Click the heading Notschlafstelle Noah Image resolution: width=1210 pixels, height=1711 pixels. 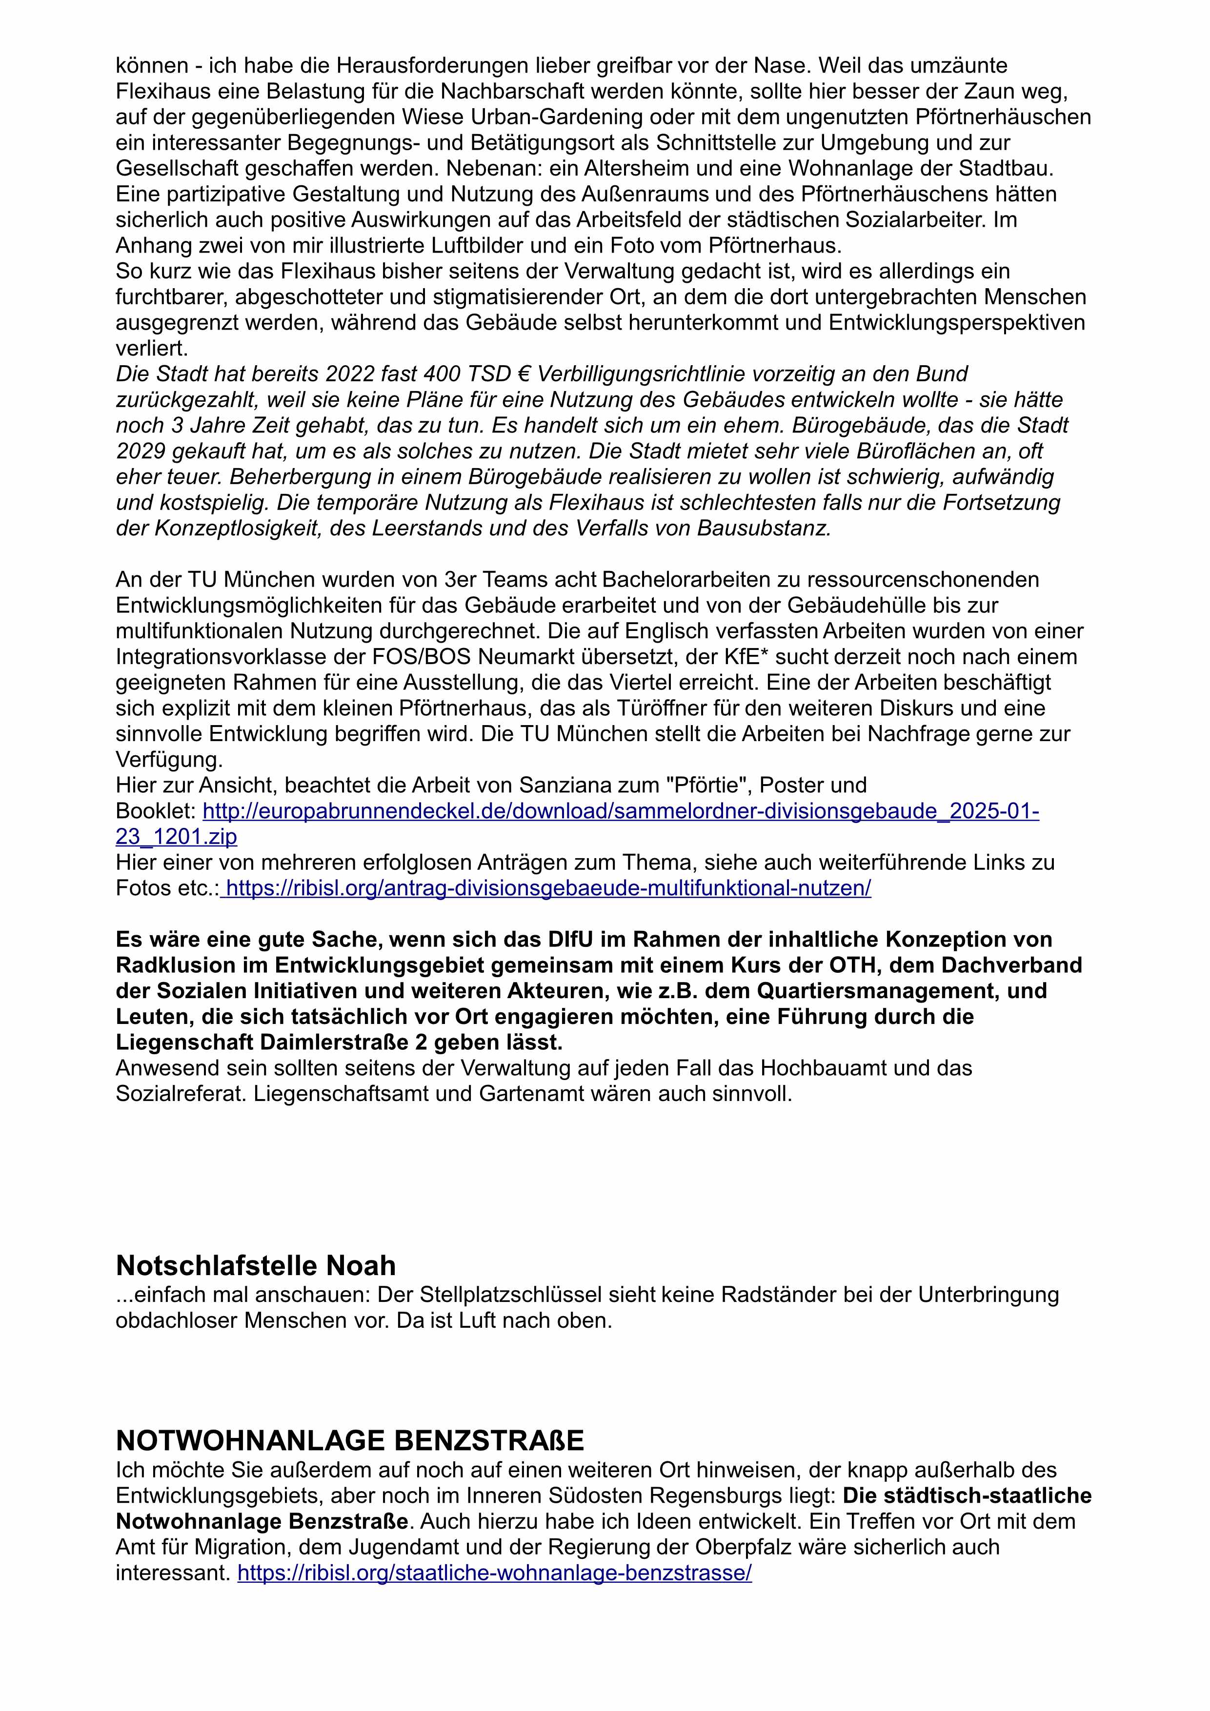(x=256, y=1265)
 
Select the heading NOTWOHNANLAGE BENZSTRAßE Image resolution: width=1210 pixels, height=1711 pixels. (x=350, y=1440)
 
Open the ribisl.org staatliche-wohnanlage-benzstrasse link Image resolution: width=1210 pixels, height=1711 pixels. (x=494, y=1573)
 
